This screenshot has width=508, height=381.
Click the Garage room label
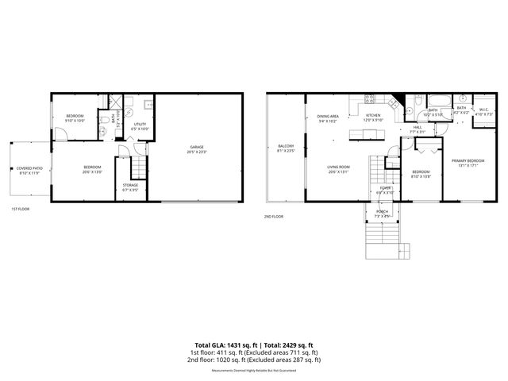click(x=198, y=149)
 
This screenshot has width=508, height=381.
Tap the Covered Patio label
click(x=29, y=171)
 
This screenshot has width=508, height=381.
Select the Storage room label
click(x=130, y=188)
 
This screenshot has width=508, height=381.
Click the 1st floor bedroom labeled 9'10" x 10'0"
click(x=75, y=118)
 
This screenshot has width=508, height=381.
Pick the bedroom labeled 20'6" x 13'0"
click(x=93, y=169)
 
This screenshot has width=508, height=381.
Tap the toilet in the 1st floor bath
click(x=105, y=122)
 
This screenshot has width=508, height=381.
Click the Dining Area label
click(x=328, y=118)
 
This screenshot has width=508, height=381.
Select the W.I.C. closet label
click(x=484, y=112)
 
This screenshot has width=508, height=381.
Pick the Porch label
click(x=382, y=214)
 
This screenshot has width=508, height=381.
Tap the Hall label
click(x=417, y=129)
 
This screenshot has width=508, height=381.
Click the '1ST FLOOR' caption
click(x=20, y=209)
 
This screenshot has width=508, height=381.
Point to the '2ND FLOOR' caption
click(x=274, y=216)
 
